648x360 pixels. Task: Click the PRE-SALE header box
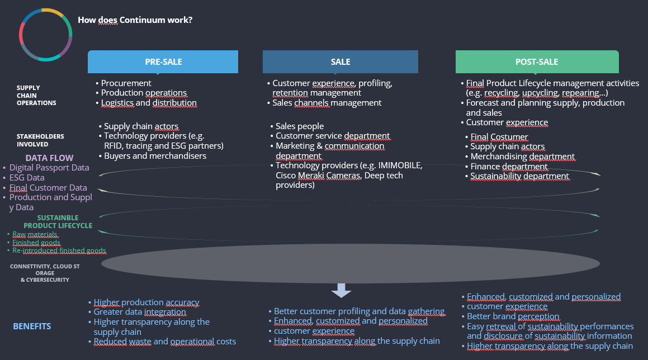coord(163,61)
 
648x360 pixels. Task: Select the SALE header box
coord(340,61)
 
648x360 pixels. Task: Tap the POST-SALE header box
coord(537,61)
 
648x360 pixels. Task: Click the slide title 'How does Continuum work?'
coord(135,20)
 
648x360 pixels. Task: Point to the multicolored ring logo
coord(45,35)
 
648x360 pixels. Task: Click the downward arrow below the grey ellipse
coord(341,290)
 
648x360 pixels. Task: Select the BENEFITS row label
coord(32,326)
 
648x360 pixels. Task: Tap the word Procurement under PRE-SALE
coord(126,83)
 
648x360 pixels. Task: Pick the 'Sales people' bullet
coord(300,126)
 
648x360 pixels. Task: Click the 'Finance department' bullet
coord(509,166)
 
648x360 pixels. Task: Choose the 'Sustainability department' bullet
coord(519,176)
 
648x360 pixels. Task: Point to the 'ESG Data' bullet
coord(27,178)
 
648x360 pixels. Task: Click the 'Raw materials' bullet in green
coord(35,234)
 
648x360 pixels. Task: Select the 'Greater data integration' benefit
coord(140,312)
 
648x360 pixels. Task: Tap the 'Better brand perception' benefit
coord(513,316)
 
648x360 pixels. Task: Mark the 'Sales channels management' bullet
coord(327,103)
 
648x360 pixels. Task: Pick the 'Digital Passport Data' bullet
coord(49,168)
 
